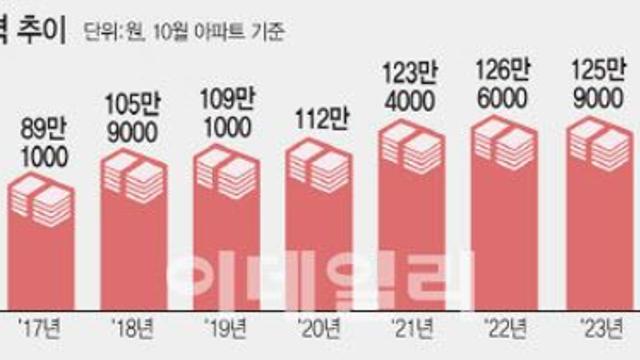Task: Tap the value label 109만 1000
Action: pos(226,112)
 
